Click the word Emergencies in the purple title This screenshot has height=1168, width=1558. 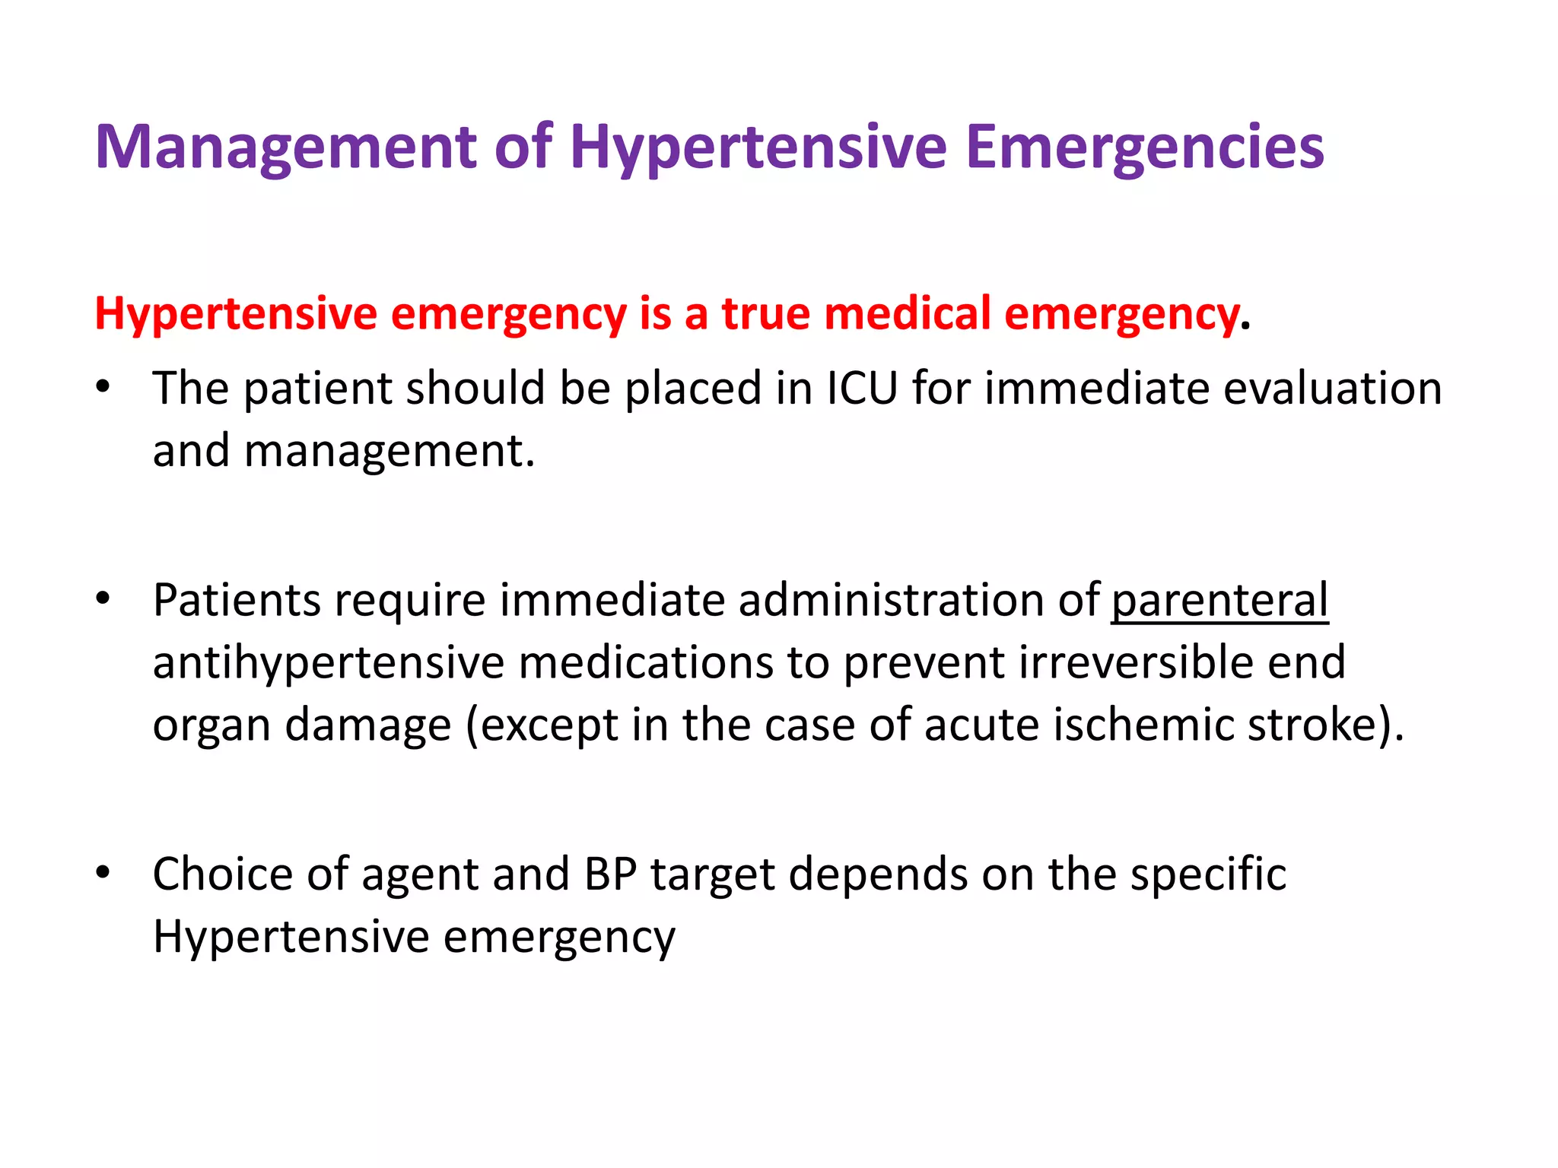[x=1144, y=148]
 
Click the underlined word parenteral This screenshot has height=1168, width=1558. [x=1219, y=601]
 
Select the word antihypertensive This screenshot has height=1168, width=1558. [x=329, y=663]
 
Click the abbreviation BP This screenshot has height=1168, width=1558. [x=610, y=874]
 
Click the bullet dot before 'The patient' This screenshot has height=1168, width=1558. [x=103, y=387]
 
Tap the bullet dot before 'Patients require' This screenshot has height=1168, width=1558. [x=103, y=598]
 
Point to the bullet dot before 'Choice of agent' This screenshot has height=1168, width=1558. [x=103, y=872]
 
